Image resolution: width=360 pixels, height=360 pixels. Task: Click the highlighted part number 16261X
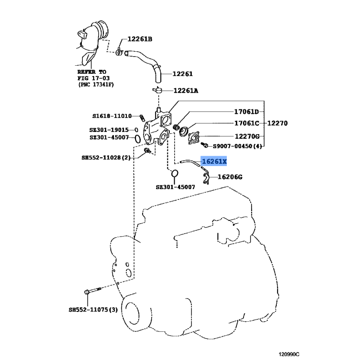click(214, 162)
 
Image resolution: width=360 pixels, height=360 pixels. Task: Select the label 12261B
click(139, 39)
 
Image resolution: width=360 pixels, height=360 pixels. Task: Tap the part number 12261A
click(186, 91)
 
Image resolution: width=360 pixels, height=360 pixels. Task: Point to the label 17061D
click(246, 112)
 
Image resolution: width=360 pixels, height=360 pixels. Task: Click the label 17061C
click(247, 123)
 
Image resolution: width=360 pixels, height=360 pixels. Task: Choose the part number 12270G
click(247, 136)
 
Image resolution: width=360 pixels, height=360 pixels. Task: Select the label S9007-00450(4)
click(238, 146)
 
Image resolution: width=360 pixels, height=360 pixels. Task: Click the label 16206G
click(230, 177)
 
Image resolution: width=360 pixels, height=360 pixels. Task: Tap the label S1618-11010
click(112, 116)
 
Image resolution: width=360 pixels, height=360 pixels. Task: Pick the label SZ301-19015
click(109, 130)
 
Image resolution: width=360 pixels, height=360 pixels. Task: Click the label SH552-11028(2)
click(106, 158)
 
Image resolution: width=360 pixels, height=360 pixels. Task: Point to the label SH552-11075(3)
click(93, 310)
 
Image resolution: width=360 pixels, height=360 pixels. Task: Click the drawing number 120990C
click(289, 355)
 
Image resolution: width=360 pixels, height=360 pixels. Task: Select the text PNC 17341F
click(96, 85)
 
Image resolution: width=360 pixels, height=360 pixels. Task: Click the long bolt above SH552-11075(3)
click(93, 291)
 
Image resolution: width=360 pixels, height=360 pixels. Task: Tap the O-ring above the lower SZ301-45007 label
click(175, 173)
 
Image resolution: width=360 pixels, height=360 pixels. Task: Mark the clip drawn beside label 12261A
click(157, 90)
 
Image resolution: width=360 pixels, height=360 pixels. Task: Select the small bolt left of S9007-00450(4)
click(204, 145)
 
